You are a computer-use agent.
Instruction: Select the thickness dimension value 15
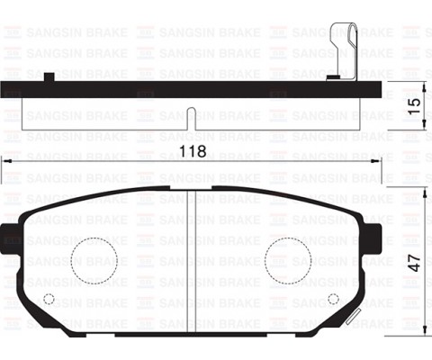point(414,103)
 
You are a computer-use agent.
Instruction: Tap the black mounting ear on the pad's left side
point(12,241)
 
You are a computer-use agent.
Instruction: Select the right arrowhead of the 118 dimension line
point(378,160)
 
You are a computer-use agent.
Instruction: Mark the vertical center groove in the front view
point(198,261)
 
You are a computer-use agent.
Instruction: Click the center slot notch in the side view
point(193,115)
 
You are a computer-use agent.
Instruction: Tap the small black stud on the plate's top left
point(49,77)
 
